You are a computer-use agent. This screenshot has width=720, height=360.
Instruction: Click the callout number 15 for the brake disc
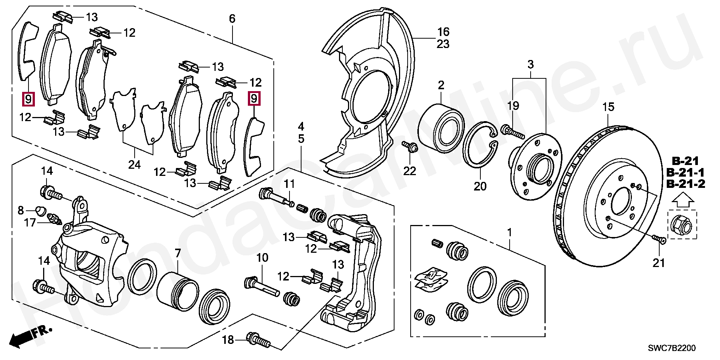[608, 107]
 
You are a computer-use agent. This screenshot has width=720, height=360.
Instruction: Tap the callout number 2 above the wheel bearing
[441, 85]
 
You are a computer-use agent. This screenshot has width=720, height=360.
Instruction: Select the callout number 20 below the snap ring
[480, 186]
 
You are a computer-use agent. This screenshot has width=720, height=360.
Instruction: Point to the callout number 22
[409, 171]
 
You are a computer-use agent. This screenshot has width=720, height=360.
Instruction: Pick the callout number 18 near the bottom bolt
[228, 340]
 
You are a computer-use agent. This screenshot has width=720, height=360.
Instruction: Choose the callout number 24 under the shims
[134, 164]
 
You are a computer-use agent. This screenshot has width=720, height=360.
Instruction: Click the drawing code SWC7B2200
[672, 348]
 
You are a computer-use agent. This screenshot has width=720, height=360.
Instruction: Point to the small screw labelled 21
[659, 238]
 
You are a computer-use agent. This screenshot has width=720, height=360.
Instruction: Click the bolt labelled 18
[258, 339]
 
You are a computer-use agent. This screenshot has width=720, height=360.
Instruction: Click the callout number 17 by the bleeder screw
[30, 223]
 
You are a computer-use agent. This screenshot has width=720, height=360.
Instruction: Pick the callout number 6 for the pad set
[232, 18]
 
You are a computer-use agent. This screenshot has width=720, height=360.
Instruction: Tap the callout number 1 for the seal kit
[509, 233]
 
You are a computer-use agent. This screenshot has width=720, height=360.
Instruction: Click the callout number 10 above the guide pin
[262, 258]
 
